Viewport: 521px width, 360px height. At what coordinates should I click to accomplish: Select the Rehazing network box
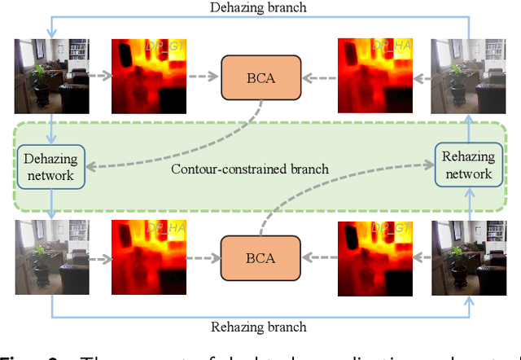click(x=468, y=165)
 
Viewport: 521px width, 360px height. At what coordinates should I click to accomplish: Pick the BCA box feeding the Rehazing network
click(x=260, y=258)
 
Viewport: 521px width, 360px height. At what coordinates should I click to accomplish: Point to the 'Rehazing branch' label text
click(x=259, y=327)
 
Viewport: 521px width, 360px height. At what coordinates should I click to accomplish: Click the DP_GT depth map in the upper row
click(x=149, y=77)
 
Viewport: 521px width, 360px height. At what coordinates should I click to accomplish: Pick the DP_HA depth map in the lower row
click(x=149, y=257)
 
